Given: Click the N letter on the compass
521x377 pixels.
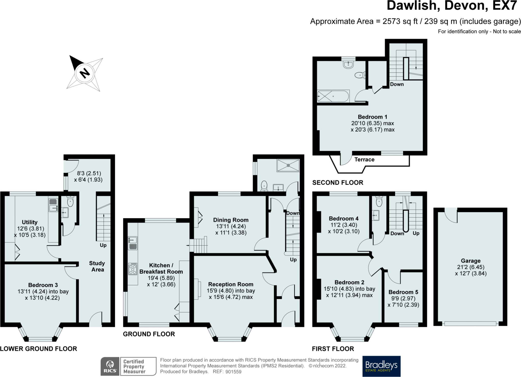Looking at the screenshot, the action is pyautogui.click(x=85, y=73).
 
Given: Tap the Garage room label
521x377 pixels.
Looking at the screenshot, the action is pyautogui.click(x=471, y=261).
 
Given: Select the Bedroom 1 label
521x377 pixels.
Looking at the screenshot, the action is pyautogui.click(x=372, y=117).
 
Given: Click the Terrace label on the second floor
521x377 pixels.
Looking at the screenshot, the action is pyautogui.click(x=364, y=160).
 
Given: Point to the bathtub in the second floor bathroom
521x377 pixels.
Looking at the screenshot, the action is pyautogui.click(x=333, y=96).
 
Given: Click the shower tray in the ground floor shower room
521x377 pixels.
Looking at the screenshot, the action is pyautogui.click(x=288, y=165).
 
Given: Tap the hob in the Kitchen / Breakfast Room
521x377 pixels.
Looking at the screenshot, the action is pyautogui.click(x=133, y=269).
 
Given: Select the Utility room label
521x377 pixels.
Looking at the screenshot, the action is pyautogui.click(x=30, y=222).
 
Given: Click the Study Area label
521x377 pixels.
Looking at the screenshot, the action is pyautogui.click(x=97, y=266).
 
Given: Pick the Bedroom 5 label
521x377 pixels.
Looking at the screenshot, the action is pyautogui.click(x=403, y=292).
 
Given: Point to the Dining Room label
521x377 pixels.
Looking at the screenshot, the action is pyautogui.click(x=231, y=220).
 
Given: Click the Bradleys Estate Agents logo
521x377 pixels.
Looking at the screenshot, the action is pyautogui.click(x=381, y=366).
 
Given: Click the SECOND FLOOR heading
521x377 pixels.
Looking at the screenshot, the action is pyautogui.click(x=338, y=183).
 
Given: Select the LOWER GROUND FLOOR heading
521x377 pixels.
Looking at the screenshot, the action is pyautogui.click(x=38, y=349).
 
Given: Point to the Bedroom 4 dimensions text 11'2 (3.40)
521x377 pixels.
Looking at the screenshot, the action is pyautogui.click(x=344, y=225).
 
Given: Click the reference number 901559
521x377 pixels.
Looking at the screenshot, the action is pyautogui.click(x=233, y=372).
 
